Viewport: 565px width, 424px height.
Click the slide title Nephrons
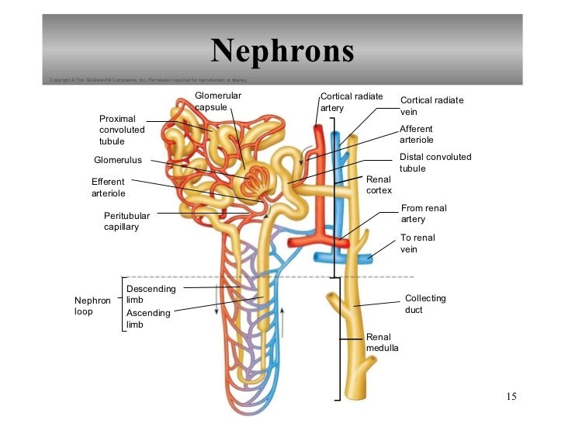(x=282, y=52)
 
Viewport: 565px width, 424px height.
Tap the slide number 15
(x=511, y=398)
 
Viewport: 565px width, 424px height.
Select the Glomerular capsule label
(x=218, y=101)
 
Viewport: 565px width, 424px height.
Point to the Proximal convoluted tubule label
(x=122, y=130)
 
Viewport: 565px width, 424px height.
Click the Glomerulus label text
(x=118, y=161)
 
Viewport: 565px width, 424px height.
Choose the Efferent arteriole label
(x=108, y=187)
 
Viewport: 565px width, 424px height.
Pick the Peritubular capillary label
(x=127, y=221)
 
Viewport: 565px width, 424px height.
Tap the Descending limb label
(x=151, y=294)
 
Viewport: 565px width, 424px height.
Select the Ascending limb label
(x=147, y=318)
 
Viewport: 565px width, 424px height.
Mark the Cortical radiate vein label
(x=432, y=106)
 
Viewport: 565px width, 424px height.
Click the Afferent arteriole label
(x=416, y=134)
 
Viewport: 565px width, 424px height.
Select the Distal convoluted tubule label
(x=435, y=162)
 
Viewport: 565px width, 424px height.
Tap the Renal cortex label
(x=379, y=185)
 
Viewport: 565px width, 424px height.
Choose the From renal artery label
(x=424, y=214)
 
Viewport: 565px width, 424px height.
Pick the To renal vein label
(x=418, y=244)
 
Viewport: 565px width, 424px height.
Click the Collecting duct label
(x=425, y=304)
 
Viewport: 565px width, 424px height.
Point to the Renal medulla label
(x=383, y=342)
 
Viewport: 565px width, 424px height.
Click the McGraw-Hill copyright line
(x=147, y=80)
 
